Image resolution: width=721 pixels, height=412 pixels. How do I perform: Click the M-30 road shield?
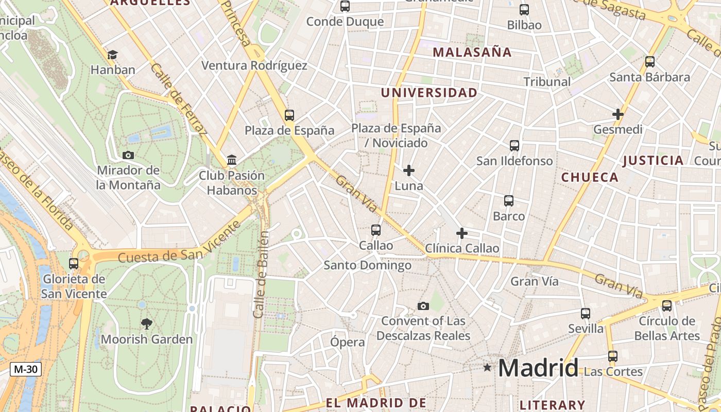[26, 369]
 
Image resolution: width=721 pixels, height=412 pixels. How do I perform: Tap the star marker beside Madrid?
[487, 367]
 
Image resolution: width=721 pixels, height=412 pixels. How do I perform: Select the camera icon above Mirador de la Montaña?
[128, 155]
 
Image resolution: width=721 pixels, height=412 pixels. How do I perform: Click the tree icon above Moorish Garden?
[147, 324]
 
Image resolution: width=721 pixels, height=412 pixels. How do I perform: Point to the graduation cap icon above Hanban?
[112, 55]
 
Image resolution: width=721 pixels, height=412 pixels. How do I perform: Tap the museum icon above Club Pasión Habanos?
[232, 160]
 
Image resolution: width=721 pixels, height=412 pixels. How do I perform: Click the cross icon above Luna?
[409, 170]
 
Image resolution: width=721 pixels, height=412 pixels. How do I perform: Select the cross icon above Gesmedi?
[618, 114]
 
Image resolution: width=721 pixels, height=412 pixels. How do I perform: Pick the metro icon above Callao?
[376, 230]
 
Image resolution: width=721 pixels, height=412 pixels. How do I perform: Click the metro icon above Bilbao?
[524, 10]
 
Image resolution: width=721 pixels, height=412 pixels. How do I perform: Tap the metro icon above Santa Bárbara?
[650, 62]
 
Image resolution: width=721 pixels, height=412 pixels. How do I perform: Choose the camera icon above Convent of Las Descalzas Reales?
[423, 306]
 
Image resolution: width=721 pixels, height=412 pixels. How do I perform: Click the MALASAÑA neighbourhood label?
[472, 52]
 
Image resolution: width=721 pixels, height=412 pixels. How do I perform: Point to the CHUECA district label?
[590, 177]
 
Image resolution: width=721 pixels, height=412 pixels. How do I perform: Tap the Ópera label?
[348, 342]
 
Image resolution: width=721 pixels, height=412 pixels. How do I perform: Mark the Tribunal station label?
[547, 81]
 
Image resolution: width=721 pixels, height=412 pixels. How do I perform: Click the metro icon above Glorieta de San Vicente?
[74, 264]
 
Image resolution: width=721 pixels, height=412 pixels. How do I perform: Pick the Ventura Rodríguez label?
[254, 65]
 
